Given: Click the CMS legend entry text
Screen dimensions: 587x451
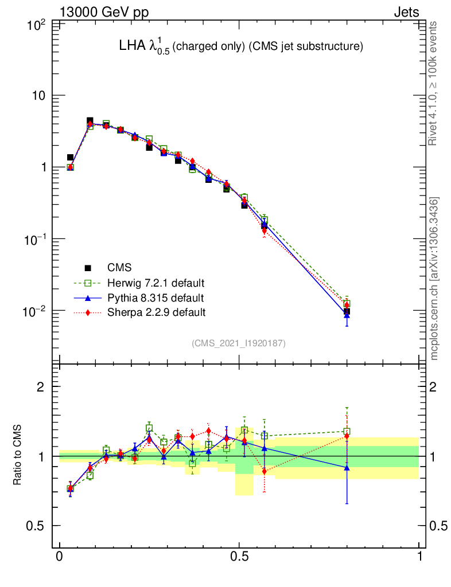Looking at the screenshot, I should [x=119, y=268].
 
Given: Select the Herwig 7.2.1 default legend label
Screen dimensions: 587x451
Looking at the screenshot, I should [x=156, y=283].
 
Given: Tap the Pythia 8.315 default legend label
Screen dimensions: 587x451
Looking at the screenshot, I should [x=155, y=298].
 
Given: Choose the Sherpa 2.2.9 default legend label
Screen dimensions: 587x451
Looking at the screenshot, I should [x=156, y=312].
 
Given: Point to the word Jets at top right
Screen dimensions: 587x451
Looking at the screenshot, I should [x=406, y=12].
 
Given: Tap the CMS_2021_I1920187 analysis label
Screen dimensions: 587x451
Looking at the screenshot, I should [x=239, y=343].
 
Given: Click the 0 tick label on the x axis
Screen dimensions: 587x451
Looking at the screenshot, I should [x=60, y=557].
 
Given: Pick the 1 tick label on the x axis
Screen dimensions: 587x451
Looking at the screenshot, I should [x=419, y=557].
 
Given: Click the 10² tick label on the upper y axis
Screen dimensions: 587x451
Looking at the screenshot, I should [x=38, y=25].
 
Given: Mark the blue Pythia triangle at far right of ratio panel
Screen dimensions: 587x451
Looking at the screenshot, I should [x=347, y=468].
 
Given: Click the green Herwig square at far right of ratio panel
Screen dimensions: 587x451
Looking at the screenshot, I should [x=347, y=431].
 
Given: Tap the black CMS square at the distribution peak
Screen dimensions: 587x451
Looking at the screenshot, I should [x=90, y=121].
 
